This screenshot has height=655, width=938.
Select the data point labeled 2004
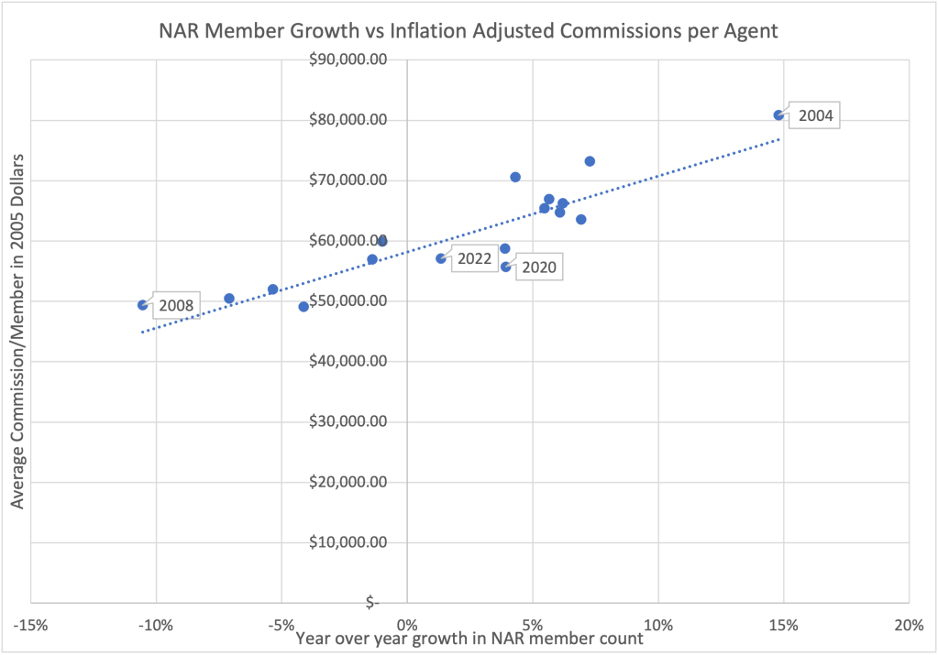(x=778, y=115)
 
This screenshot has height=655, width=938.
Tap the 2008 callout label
(x=174, y=304)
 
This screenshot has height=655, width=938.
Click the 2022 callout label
(x=474, y=259)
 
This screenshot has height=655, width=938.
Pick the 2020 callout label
(x=539, y=268)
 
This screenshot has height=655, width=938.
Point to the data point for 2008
(x=142, y=305)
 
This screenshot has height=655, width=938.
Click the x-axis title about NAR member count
(x=469, y=639)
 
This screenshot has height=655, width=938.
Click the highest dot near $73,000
(x=590, y=161)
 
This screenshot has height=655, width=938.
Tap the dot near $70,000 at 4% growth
(x=515, y=177)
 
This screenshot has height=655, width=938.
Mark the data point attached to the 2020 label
(x=505, y=267)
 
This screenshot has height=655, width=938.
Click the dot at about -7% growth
(x=229, y=299)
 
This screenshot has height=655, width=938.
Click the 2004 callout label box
(x=814, y=115)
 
